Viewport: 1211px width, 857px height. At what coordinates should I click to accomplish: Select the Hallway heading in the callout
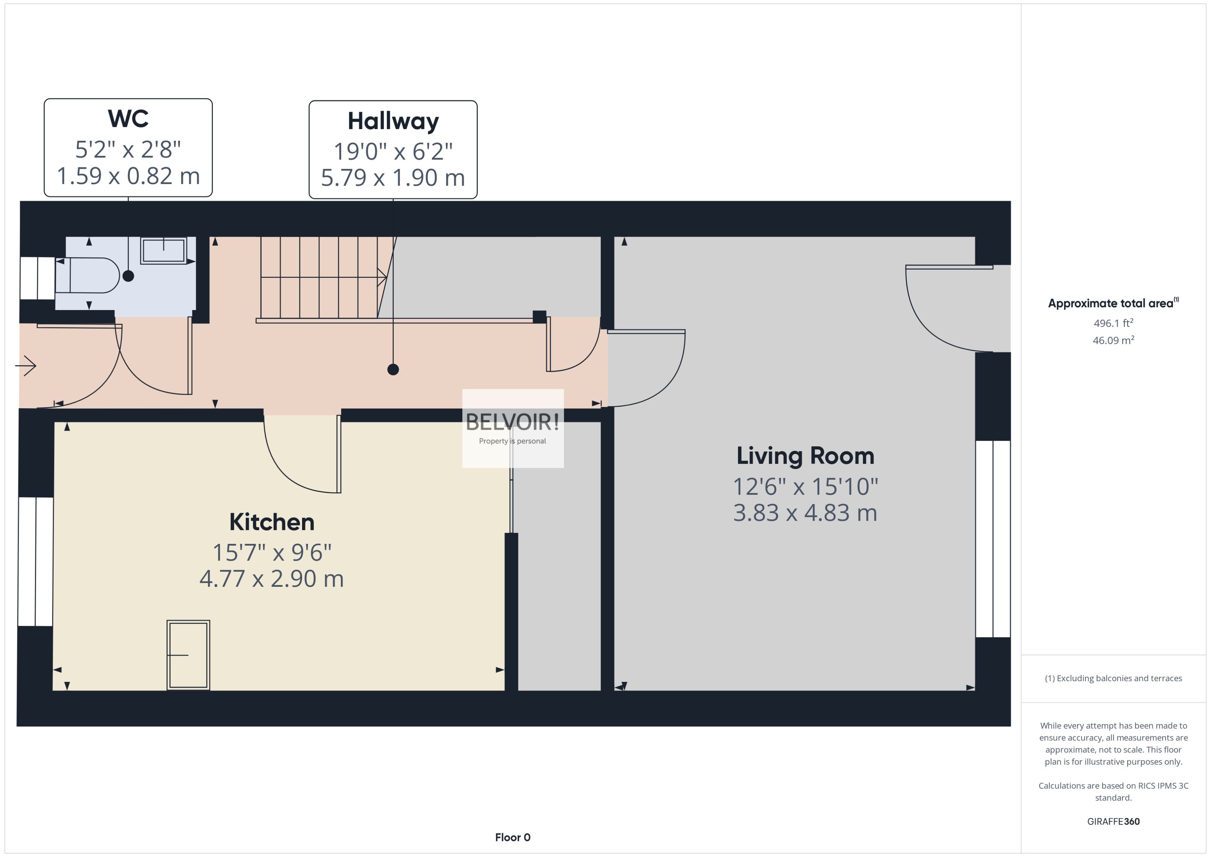[x=393, y=121]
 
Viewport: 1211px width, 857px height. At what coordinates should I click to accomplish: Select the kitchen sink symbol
[x=188, y=655]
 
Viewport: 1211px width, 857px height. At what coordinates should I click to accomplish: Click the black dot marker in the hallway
[x=393, y=370]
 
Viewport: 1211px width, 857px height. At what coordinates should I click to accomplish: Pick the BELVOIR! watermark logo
[x=512, y=422]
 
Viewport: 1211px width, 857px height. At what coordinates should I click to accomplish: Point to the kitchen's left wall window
[x=35, y=562]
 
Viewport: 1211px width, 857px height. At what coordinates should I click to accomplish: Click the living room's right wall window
[x=993, y=539]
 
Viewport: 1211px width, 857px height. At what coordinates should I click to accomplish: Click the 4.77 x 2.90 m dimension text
[x=272, y=579]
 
